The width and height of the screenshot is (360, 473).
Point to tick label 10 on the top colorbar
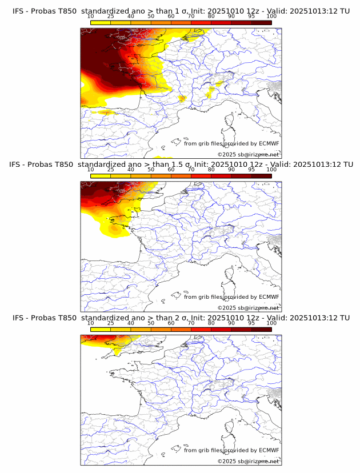click(x=90, y=17)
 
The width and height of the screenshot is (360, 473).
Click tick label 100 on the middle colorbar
click(x=271, y=170)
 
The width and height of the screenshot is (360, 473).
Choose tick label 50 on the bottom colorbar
click(x=151, y=323)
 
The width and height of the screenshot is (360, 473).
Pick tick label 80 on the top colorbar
click(x=211, y=17)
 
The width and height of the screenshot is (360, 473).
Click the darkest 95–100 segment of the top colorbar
click(x=262, y=22)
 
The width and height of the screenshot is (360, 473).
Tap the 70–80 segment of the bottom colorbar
click(x=201, y=329)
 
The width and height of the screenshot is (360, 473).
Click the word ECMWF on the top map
click(x=269, y=144)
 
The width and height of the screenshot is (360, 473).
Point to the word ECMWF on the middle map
click(x=269, y=297)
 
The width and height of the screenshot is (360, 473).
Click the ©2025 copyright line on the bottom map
click(x=248, y=461)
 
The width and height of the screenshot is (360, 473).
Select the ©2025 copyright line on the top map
click(x=248, y=155)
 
